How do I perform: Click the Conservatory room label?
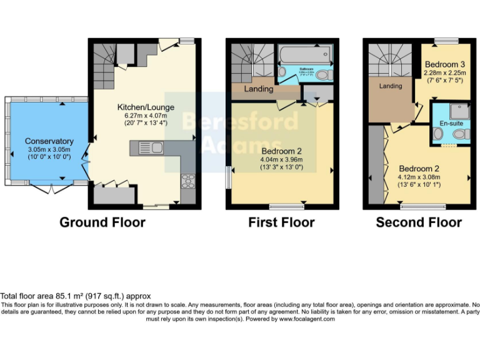click(49, 141)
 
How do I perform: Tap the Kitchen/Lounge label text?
click(146, 107)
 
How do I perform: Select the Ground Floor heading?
click(102, 222)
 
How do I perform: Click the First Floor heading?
click(281, 222)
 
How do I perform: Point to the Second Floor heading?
click(419, 222)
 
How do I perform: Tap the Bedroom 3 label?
click(444, 64)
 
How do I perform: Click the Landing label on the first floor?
click(258, 89)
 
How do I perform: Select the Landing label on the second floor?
click(391, 86)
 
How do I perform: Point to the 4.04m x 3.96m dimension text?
click(281, 160)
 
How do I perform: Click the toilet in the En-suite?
click(437, 134)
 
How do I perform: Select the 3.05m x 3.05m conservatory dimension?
click(49, 150)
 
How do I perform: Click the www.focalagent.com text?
click(306, 319)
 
